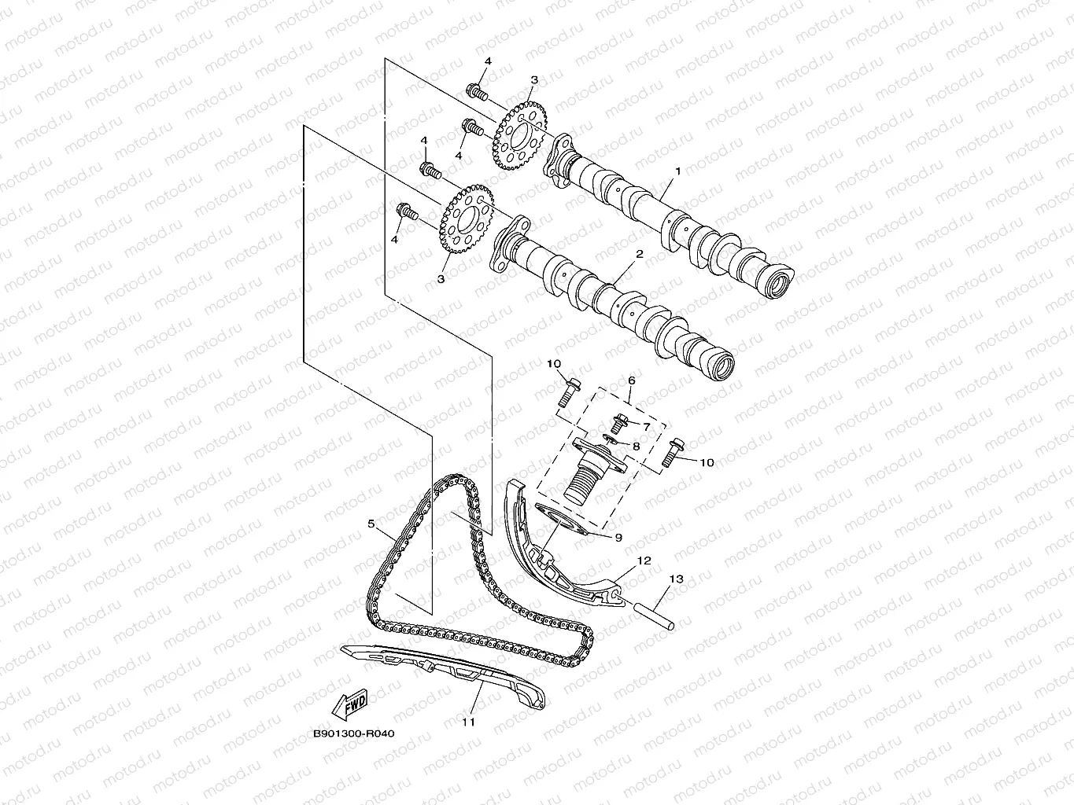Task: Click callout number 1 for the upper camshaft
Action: pos(676,171)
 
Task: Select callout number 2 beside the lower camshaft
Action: pos(639,255)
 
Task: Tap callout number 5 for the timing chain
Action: pos(371,522)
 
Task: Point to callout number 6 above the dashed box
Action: pos(630,380)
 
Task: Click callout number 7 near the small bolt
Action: pos(646,426)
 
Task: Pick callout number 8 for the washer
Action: pos(636,446)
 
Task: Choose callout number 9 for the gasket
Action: pos(618,538)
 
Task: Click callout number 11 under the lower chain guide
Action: pos(468,722)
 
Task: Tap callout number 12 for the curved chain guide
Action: pos(644,561)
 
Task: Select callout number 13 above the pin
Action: pos(676,579)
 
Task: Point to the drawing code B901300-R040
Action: pos(353,733)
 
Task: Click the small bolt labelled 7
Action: pos(620,421)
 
